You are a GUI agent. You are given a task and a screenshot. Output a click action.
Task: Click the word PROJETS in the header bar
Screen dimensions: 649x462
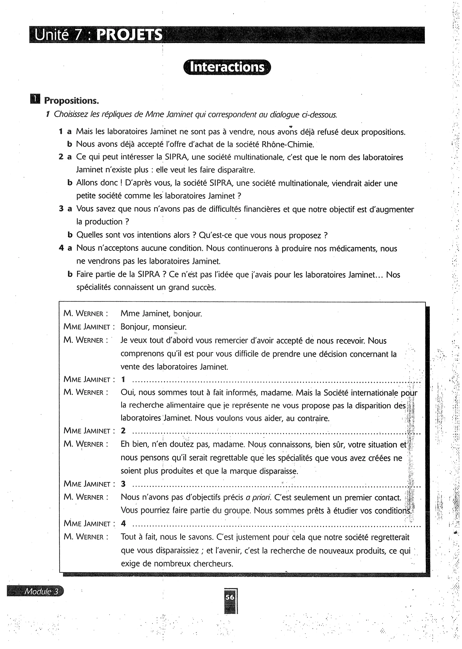point(129,35)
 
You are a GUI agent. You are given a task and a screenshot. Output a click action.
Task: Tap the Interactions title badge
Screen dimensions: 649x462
point(227,67)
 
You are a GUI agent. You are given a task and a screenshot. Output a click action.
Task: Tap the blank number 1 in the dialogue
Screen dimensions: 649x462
point(123,380)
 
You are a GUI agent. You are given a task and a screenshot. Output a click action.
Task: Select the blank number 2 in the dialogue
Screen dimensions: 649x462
point(123,431)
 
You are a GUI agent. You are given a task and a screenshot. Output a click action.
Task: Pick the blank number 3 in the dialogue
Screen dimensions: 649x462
point(123,484)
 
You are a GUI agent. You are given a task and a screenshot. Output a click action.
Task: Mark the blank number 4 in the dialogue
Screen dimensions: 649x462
point(123,524)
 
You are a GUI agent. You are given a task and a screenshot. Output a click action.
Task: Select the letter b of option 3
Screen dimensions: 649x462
point(70,235)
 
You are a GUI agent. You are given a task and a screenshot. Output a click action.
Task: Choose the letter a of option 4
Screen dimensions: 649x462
point(70,248)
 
